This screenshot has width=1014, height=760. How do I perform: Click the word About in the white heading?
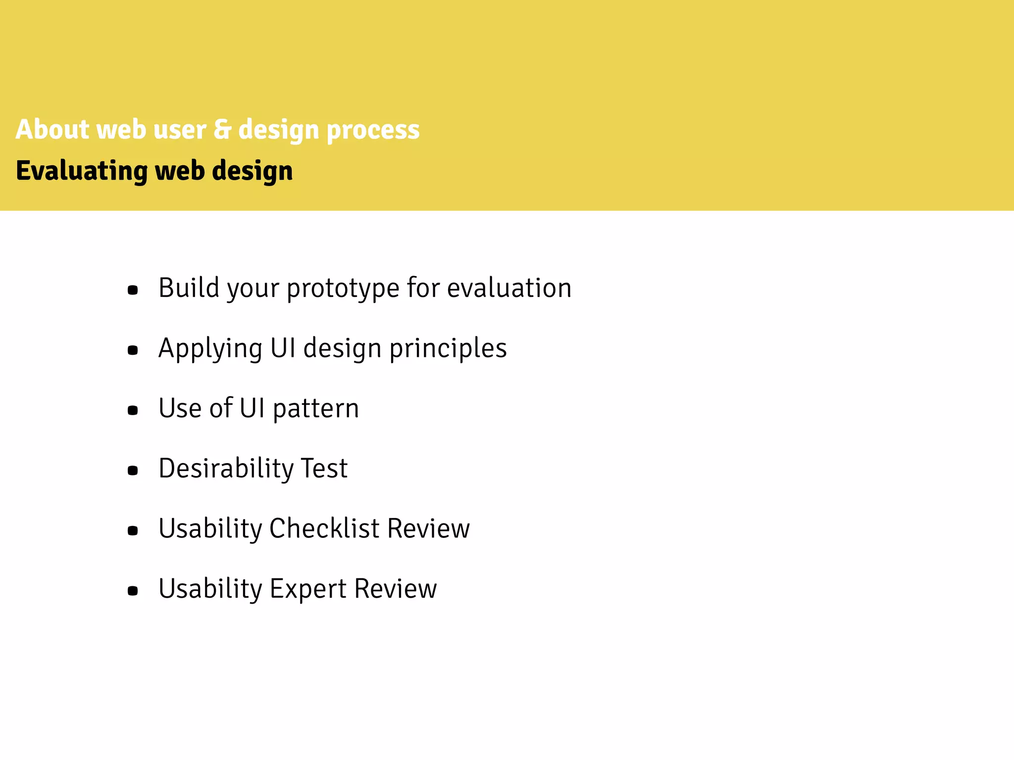pyautogui.click(x=52, y=130)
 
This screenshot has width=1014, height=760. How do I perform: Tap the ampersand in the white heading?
pyautogui.click(x=222, y=130)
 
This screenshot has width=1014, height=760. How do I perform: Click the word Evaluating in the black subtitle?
pyautogui.click(x=81, y=171)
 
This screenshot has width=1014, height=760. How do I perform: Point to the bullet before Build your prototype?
pyautogui.click(x=133, y=290)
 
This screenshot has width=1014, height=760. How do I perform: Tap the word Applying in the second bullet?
pyautogui.click(x=210, y=349)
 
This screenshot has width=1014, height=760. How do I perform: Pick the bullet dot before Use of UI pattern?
pyautogui.click(x=133, y=410)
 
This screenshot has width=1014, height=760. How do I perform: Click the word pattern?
pyautogui.click(x=315, y=409)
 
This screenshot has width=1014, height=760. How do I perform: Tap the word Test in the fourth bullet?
pyautogui.click(x=324, y=469)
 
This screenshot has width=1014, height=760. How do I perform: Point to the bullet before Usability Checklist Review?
pyautogui.click(x=133, y=531)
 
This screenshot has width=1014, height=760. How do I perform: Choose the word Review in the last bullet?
pyautogui.click(x=396, y=589)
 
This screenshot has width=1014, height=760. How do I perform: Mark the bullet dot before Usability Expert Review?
pyautogui.click(x=133, y=591)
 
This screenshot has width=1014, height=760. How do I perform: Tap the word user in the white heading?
pyautogui.click(x=180, y=130)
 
